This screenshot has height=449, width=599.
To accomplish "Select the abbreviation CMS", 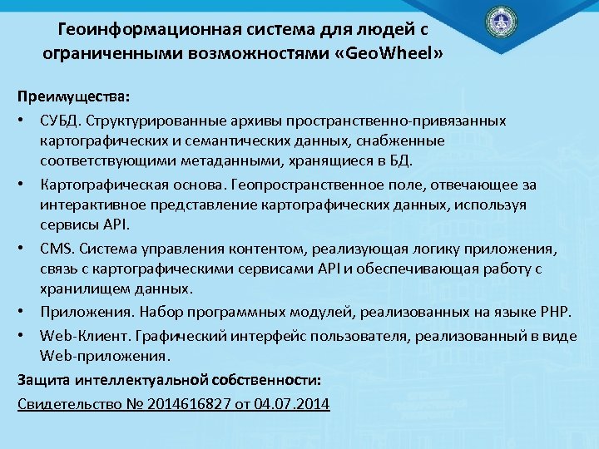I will (53, 249).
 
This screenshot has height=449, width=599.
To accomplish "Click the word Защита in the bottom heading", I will (42, 380).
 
